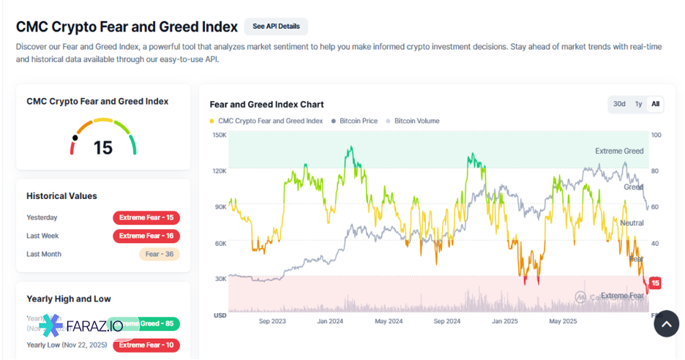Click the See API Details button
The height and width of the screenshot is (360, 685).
click(x=276, y=26)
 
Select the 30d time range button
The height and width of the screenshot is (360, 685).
click(x=619, y=104)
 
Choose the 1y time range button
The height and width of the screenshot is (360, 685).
click(x=639, y=104)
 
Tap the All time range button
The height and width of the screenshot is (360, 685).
click(x=655, y=104)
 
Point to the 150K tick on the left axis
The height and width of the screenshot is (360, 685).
click(x=220, y=135)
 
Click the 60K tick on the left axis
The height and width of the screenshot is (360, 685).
click(x=220, y=243)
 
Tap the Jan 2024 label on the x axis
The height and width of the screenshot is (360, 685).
click(x=330, y=321)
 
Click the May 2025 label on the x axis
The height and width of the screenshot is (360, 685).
click(x=564, y=321)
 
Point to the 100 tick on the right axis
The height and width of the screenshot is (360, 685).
click(x=656, y=135)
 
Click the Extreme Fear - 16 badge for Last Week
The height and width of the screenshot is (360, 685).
click(x=146, y=236)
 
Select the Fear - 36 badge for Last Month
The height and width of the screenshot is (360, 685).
click(x=160, y=254)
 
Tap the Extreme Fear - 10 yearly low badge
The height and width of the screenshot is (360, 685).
click(x=146, y=345)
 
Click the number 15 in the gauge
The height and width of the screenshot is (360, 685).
click(x=103, y=148)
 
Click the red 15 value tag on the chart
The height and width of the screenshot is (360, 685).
click(x=655, y=283)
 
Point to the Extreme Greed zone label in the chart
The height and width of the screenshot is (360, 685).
click(x=619, y=151)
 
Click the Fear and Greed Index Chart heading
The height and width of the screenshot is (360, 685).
click(x=266, y=105)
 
